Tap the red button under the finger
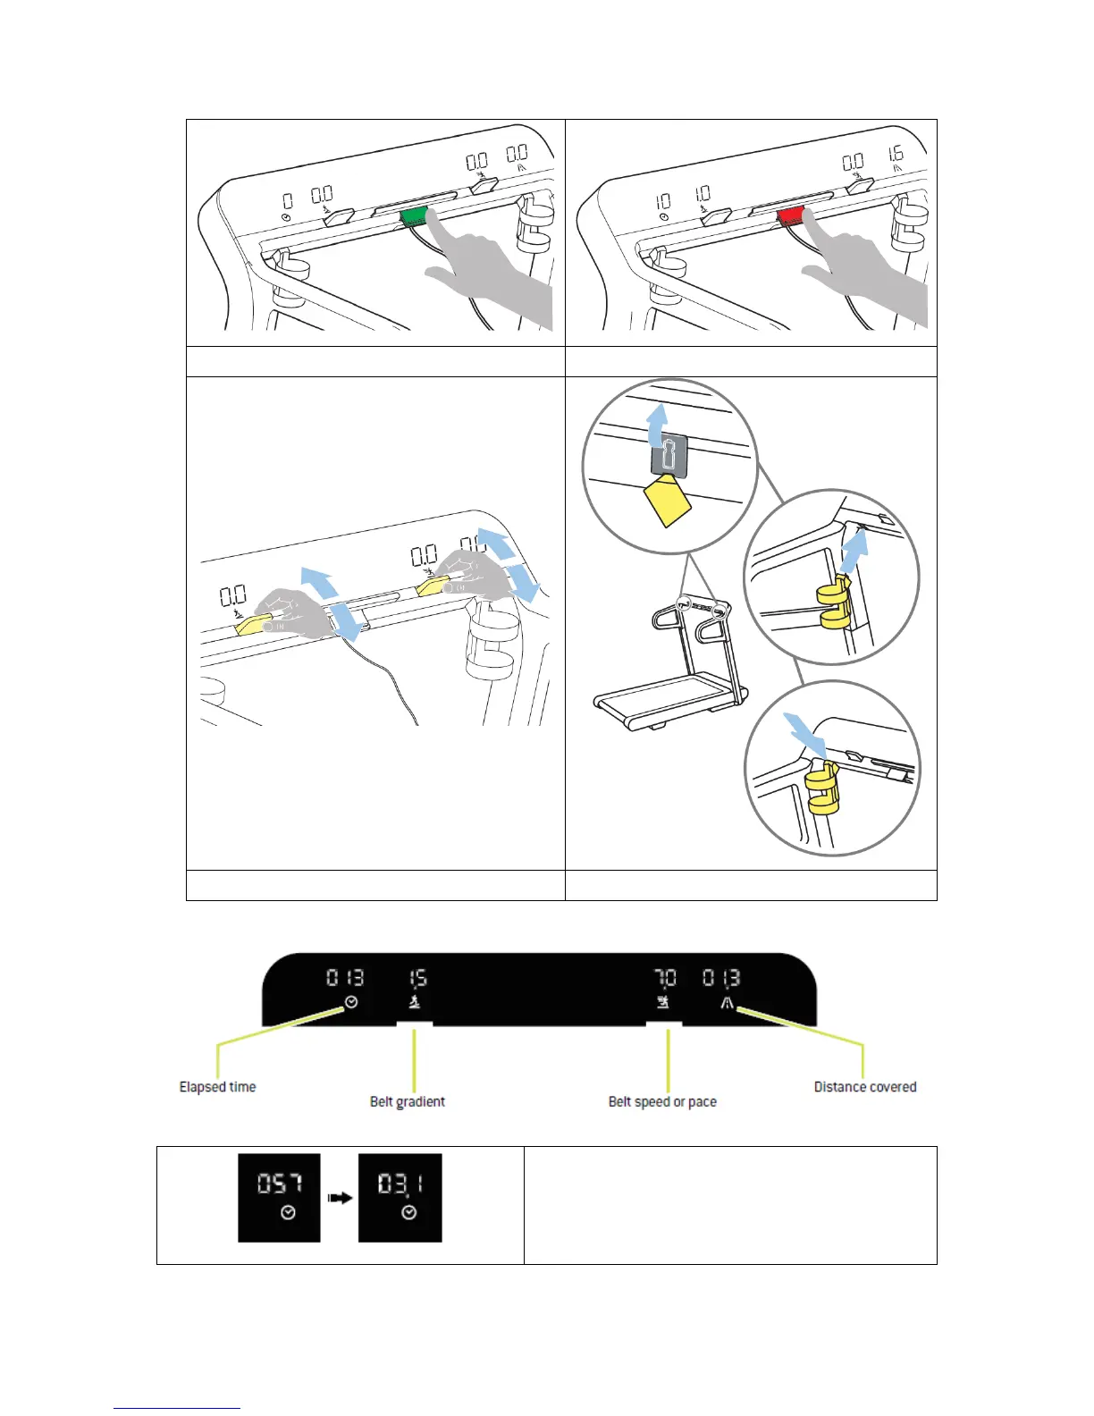point(791,215)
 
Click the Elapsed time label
point(217,1087)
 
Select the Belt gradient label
point(408,1101)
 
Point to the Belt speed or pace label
point(662,1101)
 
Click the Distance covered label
point(865,1087)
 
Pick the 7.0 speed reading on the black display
point(665,978)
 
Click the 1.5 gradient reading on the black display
point(417,978)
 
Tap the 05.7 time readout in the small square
point(279,1184)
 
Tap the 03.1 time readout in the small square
point(400,1184)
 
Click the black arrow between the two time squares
point(340,1198)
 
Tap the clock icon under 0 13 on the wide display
point(351,1002)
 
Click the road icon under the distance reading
point(728,1003)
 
